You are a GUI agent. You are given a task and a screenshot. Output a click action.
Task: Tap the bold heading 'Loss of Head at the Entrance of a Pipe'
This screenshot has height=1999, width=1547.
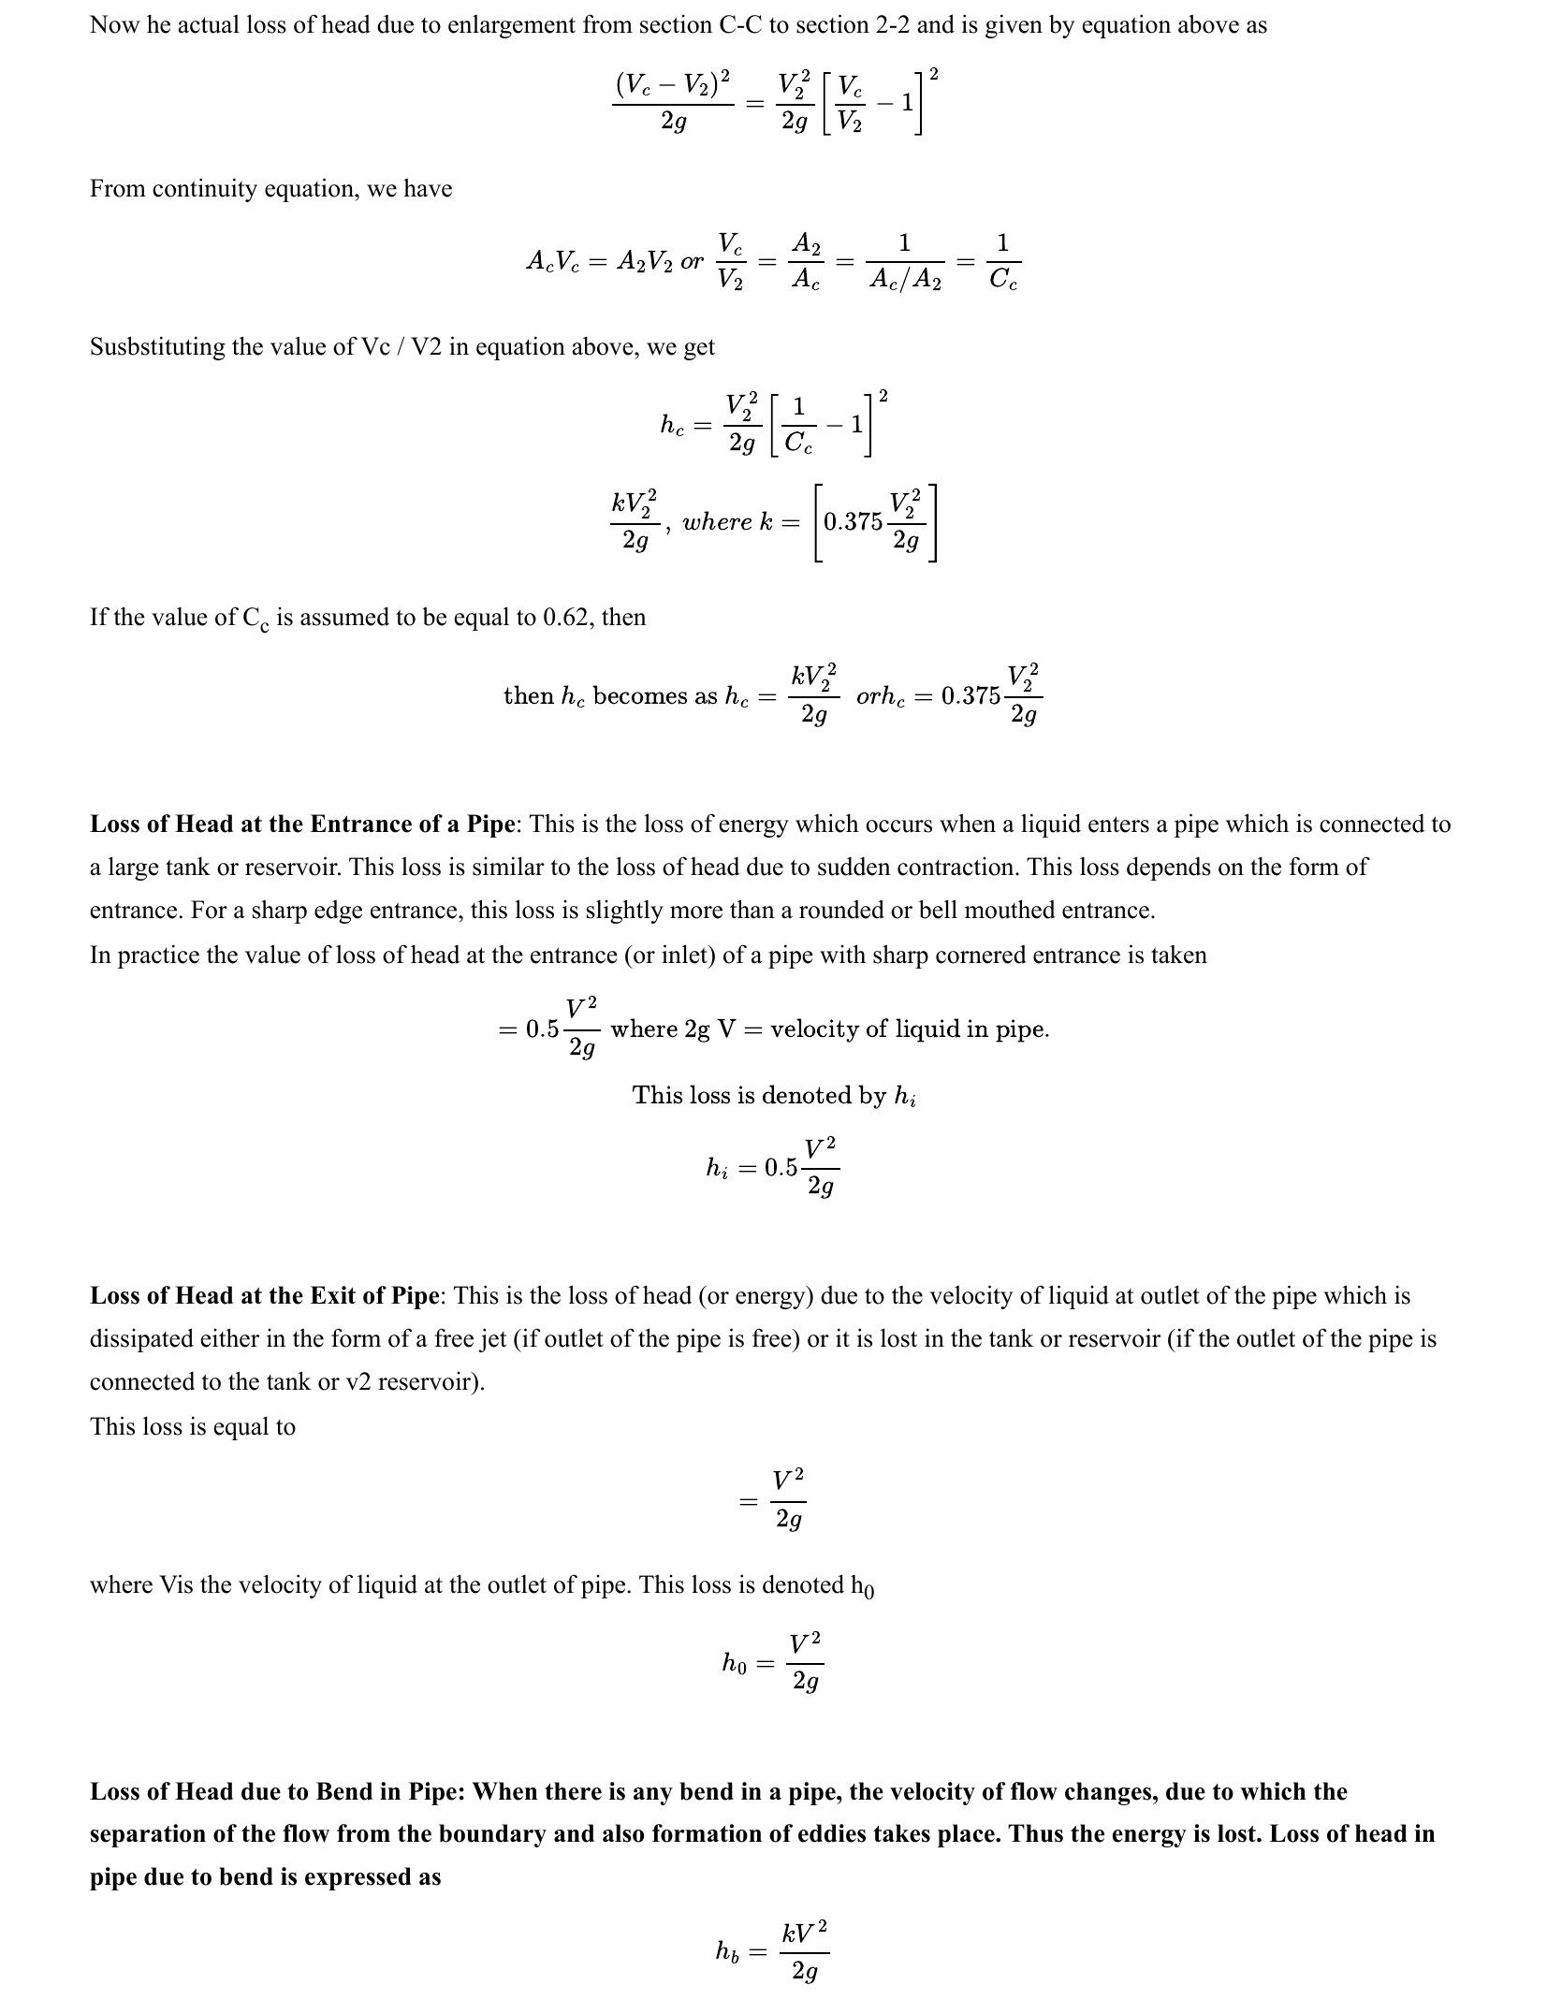302,824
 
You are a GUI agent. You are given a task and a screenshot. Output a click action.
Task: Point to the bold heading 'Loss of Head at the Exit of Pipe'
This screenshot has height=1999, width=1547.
264,1296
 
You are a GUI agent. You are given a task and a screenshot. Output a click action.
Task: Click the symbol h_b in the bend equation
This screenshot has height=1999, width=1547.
727,1951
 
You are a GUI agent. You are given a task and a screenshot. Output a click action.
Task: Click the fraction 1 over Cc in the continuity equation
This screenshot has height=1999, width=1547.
1002,263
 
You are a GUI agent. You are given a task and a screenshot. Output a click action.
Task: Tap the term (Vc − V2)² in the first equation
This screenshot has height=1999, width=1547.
673,85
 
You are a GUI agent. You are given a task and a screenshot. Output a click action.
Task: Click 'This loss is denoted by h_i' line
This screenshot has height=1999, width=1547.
774,1096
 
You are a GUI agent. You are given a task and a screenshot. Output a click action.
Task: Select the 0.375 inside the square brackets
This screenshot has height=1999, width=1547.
853,522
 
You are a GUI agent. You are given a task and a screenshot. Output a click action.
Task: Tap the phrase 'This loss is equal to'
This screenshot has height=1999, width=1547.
192,1427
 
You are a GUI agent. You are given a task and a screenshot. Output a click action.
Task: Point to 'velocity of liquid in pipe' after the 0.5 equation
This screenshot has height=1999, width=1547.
909,1029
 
